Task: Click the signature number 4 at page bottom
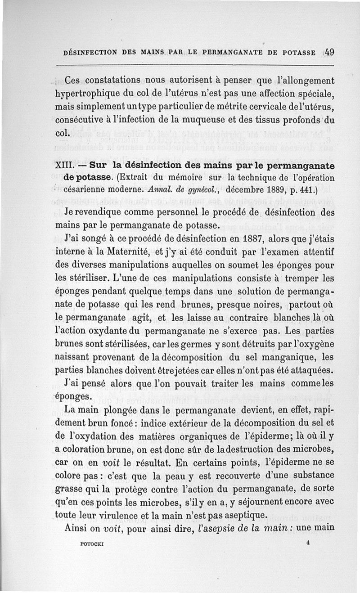(306, 543)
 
